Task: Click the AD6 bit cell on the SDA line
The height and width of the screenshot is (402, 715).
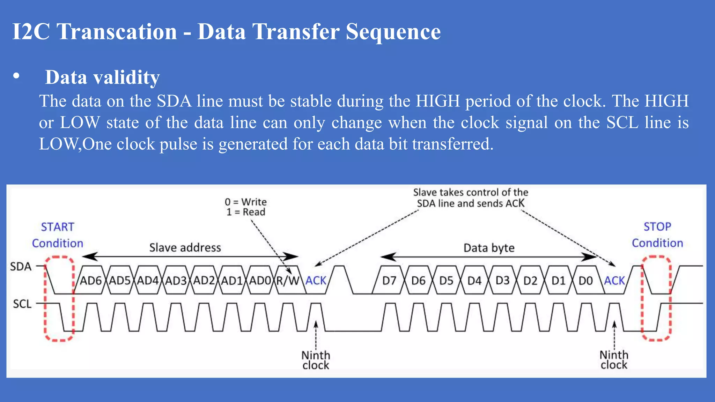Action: coord(91,281)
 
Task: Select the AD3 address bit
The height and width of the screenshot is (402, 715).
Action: coord(176,281)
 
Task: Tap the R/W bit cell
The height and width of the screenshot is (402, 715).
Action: coord(288,281)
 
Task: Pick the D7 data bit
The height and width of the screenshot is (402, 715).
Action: coord(389,281)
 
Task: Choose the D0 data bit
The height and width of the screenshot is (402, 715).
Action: coord(585,281)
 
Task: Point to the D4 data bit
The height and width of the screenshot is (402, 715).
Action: coord(474,281)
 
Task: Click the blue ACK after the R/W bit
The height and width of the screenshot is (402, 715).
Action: coord(316,281)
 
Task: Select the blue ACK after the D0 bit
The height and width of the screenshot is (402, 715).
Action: coord(614,281)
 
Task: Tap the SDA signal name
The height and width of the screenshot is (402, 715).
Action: coord(21,267)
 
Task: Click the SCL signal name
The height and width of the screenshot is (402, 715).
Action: coord(22,304)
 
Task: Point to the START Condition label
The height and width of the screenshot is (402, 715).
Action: coord(58,235)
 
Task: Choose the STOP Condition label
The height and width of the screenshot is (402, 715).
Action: coord(657,234)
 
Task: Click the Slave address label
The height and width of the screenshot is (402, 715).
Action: coord(185,248)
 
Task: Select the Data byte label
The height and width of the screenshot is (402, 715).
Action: coord(489,248)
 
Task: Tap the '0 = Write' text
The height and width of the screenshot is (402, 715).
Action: coord(246,202)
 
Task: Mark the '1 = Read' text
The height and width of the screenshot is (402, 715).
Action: coord(246,212)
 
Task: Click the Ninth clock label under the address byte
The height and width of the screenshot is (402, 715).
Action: coord(316,360)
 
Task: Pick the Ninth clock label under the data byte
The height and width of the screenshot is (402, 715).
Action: coord(614,360)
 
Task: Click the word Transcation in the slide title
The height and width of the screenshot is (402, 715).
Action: coord(117,32)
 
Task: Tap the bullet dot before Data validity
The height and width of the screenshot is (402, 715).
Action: coord(16,76)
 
